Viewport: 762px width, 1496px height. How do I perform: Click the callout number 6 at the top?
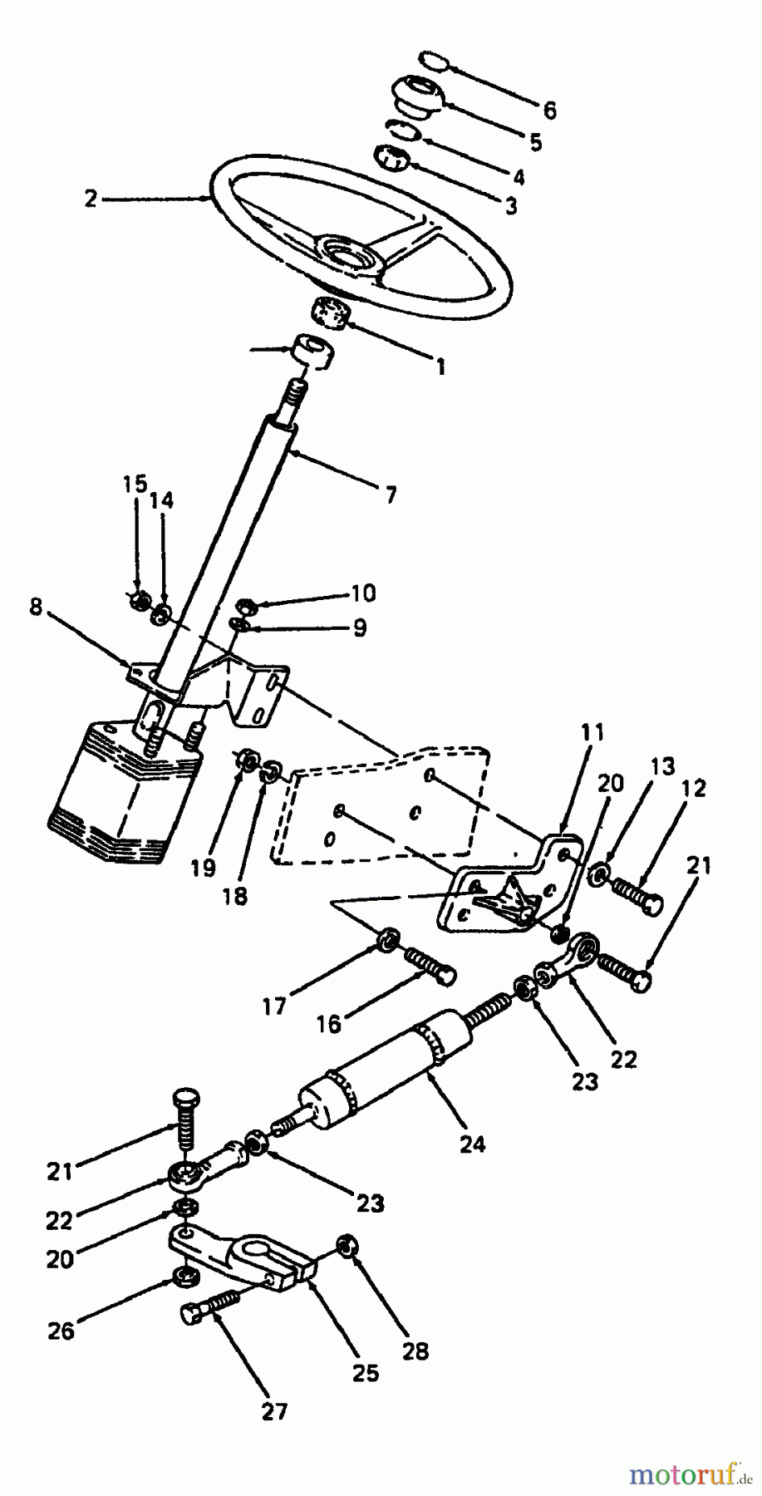[549, 111]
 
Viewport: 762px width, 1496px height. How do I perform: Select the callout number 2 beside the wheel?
[91, 199]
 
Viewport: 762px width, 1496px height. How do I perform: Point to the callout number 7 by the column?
[391, 495]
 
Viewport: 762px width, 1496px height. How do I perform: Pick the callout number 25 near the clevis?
[365, 1372]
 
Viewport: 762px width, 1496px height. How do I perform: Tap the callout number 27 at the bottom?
[274, 1410]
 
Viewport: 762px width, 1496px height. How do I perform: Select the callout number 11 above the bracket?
[593, 733]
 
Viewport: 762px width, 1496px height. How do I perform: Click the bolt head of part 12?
[653, 903]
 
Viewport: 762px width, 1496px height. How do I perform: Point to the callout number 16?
[329, 1024]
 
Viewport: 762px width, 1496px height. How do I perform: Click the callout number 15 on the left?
[135, 484]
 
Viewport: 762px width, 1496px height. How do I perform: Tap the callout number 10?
[363, 593]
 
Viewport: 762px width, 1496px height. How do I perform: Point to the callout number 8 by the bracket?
[35, 607]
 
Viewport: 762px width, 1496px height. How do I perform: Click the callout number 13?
[663, 766]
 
